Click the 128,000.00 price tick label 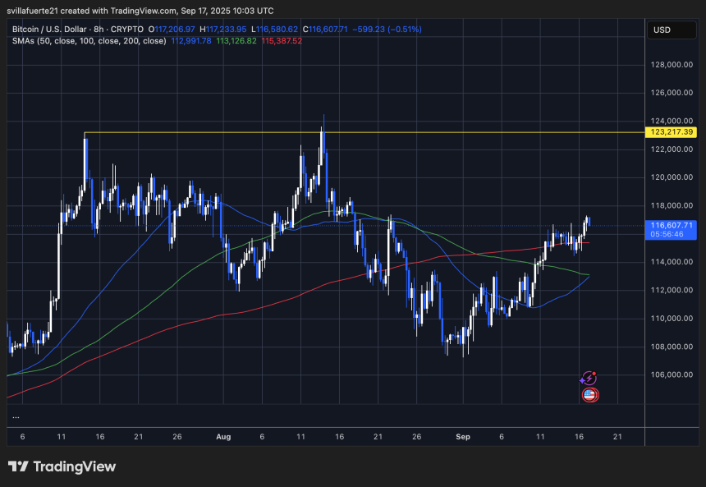[671, 65]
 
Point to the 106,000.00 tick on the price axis [671, 374]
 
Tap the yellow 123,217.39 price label [671, 132]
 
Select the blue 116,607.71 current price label [672, 224]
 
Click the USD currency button [662, 30]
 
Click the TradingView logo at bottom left [62, 466]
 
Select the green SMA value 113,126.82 [236, 40]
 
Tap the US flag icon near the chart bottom [589, 395]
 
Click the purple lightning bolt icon [588, 379]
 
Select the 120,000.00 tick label [671, 177]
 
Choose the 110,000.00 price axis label [671, 319]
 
